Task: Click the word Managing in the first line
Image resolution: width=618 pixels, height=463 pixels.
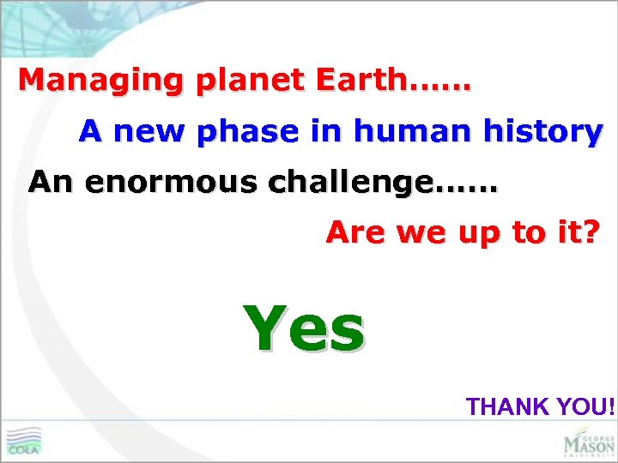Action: pyautogui.click(x=101, y=81)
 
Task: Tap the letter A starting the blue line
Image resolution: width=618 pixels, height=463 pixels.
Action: pyautogui.click(x=90, y=132)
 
